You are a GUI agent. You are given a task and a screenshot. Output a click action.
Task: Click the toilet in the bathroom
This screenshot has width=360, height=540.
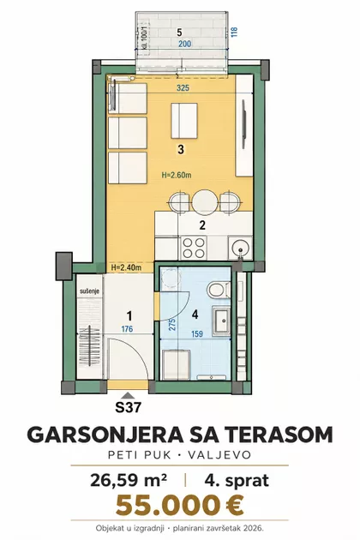tap(219, 290)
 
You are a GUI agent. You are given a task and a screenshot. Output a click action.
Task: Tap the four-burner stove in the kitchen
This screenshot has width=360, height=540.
tap(193, 248)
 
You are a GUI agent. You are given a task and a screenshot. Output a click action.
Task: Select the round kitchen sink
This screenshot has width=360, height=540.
tap(240, 247)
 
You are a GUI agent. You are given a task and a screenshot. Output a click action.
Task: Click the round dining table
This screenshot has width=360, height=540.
tap(205, 201)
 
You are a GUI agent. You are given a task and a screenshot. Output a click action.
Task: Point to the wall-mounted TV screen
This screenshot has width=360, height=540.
tap(244, 124)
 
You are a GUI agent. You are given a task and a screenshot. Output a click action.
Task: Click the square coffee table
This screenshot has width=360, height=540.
tap(184, 121)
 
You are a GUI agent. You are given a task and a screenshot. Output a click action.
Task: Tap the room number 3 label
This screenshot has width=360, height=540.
tap(181, 149)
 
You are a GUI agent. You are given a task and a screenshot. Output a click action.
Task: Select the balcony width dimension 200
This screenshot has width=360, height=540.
tap(185, 44)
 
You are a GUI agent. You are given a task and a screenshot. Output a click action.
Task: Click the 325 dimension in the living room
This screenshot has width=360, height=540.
tap(183, 88)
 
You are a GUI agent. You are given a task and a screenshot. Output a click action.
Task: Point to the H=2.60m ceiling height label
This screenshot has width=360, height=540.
tap(177, 176)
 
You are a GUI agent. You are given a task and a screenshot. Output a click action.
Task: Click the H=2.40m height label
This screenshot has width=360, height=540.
tap(127, 267)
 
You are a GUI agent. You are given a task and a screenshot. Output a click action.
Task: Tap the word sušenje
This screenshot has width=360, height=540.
tap(89, 291)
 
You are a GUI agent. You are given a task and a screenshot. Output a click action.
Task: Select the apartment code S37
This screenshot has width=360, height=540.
tap(129, 408)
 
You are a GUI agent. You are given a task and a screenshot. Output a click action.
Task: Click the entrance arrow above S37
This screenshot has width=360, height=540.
tap(128, 396)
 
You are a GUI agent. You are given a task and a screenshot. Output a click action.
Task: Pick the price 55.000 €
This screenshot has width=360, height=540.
tap(179, 506)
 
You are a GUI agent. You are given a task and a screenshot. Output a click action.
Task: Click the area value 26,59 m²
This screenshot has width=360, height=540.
tap(129, 480)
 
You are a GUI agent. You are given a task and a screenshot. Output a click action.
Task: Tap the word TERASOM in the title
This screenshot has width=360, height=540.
tap(279, 435)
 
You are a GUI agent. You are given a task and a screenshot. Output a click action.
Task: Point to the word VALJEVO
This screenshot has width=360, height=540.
tap(219, 455)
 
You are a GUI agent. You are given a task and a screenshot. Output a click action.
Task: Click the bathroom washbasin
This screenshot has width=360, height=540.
tap(220, 321)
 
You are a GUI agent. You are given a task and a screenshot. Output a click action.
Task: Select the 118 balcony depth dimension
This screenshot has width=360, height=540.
tap(234, 32)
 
